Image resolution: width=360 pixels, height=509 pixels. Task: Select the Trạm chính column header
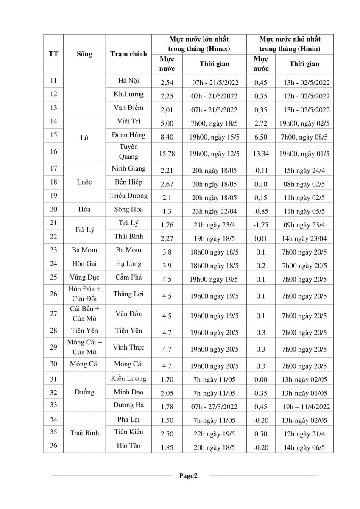coord(128,54)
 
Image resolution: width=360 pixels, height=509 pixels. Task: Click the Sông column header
coord(84,54)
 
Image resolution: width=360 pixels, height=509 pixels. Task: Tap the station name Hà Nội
coord(128,80)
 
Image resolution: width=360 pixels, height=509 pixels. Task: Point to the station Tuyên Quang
coord(128,151)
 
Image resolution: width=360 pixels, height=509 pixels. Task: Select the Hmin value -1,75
coord(261,225)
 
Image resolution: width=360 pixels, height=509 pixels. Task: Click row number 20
coord(53,209)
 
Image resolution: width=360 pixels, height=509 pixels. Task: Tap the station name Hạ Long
coord(128,263)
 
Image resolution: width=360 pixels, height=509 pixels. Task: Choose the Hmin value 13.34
coord(261,153)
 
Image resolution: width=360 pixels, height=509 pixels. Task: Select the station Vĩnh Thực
coord(128,347)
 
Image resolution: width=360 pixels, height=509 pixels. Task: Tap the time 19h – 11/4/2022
coord(306,407)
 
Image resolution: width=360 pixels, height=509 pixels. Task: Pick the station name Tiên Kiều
coord(128,432)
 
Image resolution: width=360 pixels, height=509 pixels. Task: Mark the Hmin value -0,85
coord(261,211)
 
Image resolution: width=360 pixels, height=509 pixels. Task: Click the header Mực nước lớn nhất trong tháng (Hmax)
coord(199,44)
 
